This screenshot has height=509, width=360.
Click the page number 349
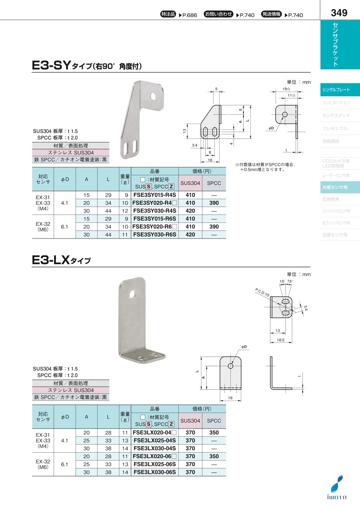coord(339,13)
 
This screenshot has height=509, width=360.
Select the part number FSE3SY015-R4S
coord(155,195)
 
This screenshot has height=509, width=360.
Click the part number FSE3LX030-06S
coord(155,472)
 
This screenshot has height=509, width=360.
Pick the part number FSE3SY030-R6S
coord(155,234)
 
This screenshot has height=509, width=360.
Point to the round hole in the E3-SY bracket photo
coord(153,96)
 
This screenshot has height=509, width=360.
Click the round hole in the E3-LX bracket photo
coord(132,295)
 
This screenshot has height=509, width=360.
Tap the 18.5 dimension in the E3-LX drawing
coord(280,340)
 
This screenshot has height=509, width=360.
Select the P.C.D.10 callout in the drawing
coord(262,292)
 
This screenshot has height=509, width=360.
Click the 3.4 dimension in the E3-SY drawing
coord(195,145)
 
